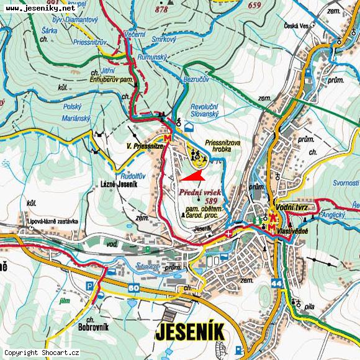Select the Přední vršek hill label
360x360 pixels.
click(201, 193)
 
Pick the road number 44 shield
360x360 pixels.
click(276, 283)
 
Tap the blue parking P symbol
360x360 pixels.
click(91, 286)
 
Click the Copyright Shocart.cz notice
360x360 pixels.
click(42, 353)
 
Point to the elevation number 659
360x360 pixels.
click(253, 6)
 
